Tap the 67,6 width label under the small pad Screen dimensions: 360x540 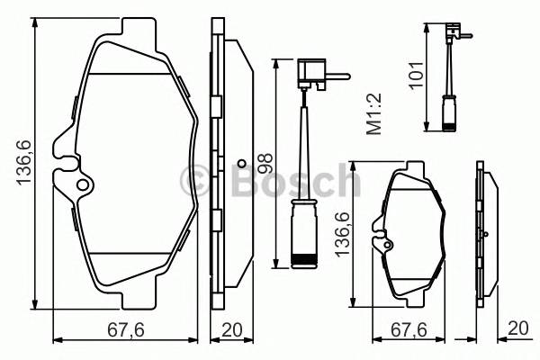tap(408, 329)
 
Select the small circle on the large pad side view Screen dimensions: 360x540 tap(240, 164)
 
